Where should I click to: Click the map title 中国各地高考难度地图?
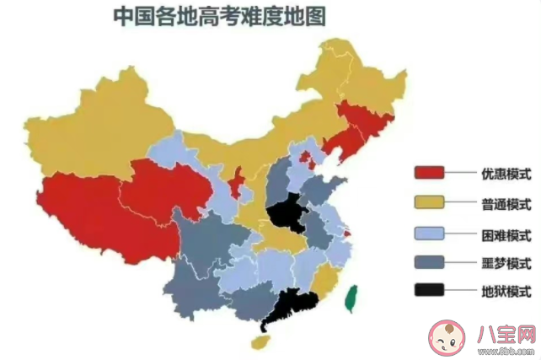(222, 16)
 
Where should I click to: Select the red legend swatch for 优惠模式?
(430, 173)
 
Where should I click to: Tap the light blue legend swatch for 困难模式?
(430, 233)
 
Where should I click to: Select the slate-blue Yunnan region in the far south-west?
(190, 287)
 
